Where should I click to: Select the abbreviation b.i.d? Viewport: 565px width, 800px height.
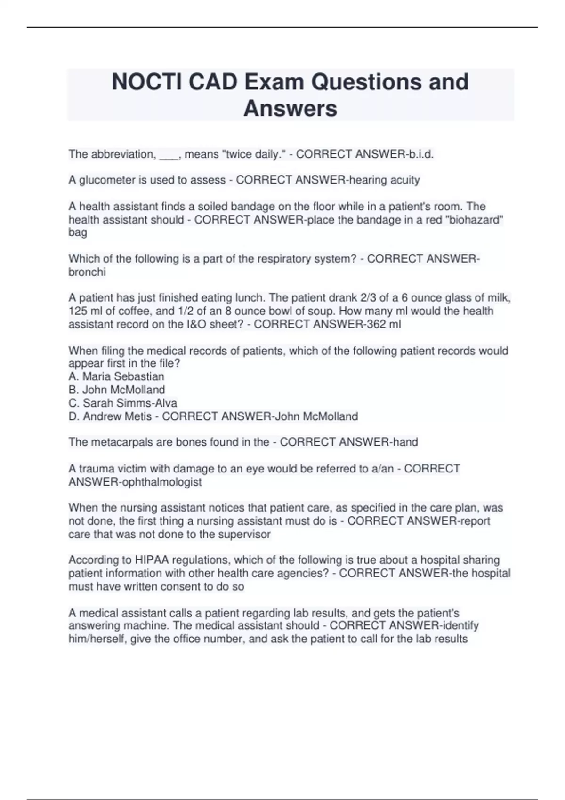pyautogui.click(x=419, y=154)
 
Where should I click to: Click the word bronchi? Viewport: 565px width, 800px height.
pyautogui.click(x=87, y=272)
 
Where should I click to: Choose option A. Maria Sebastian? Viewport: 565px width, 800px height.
pyautogui.click(x=116, y=376)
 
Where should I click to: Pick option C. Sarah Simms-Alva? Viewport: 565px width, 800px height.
pyautogui.click(x=122, y=403)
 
